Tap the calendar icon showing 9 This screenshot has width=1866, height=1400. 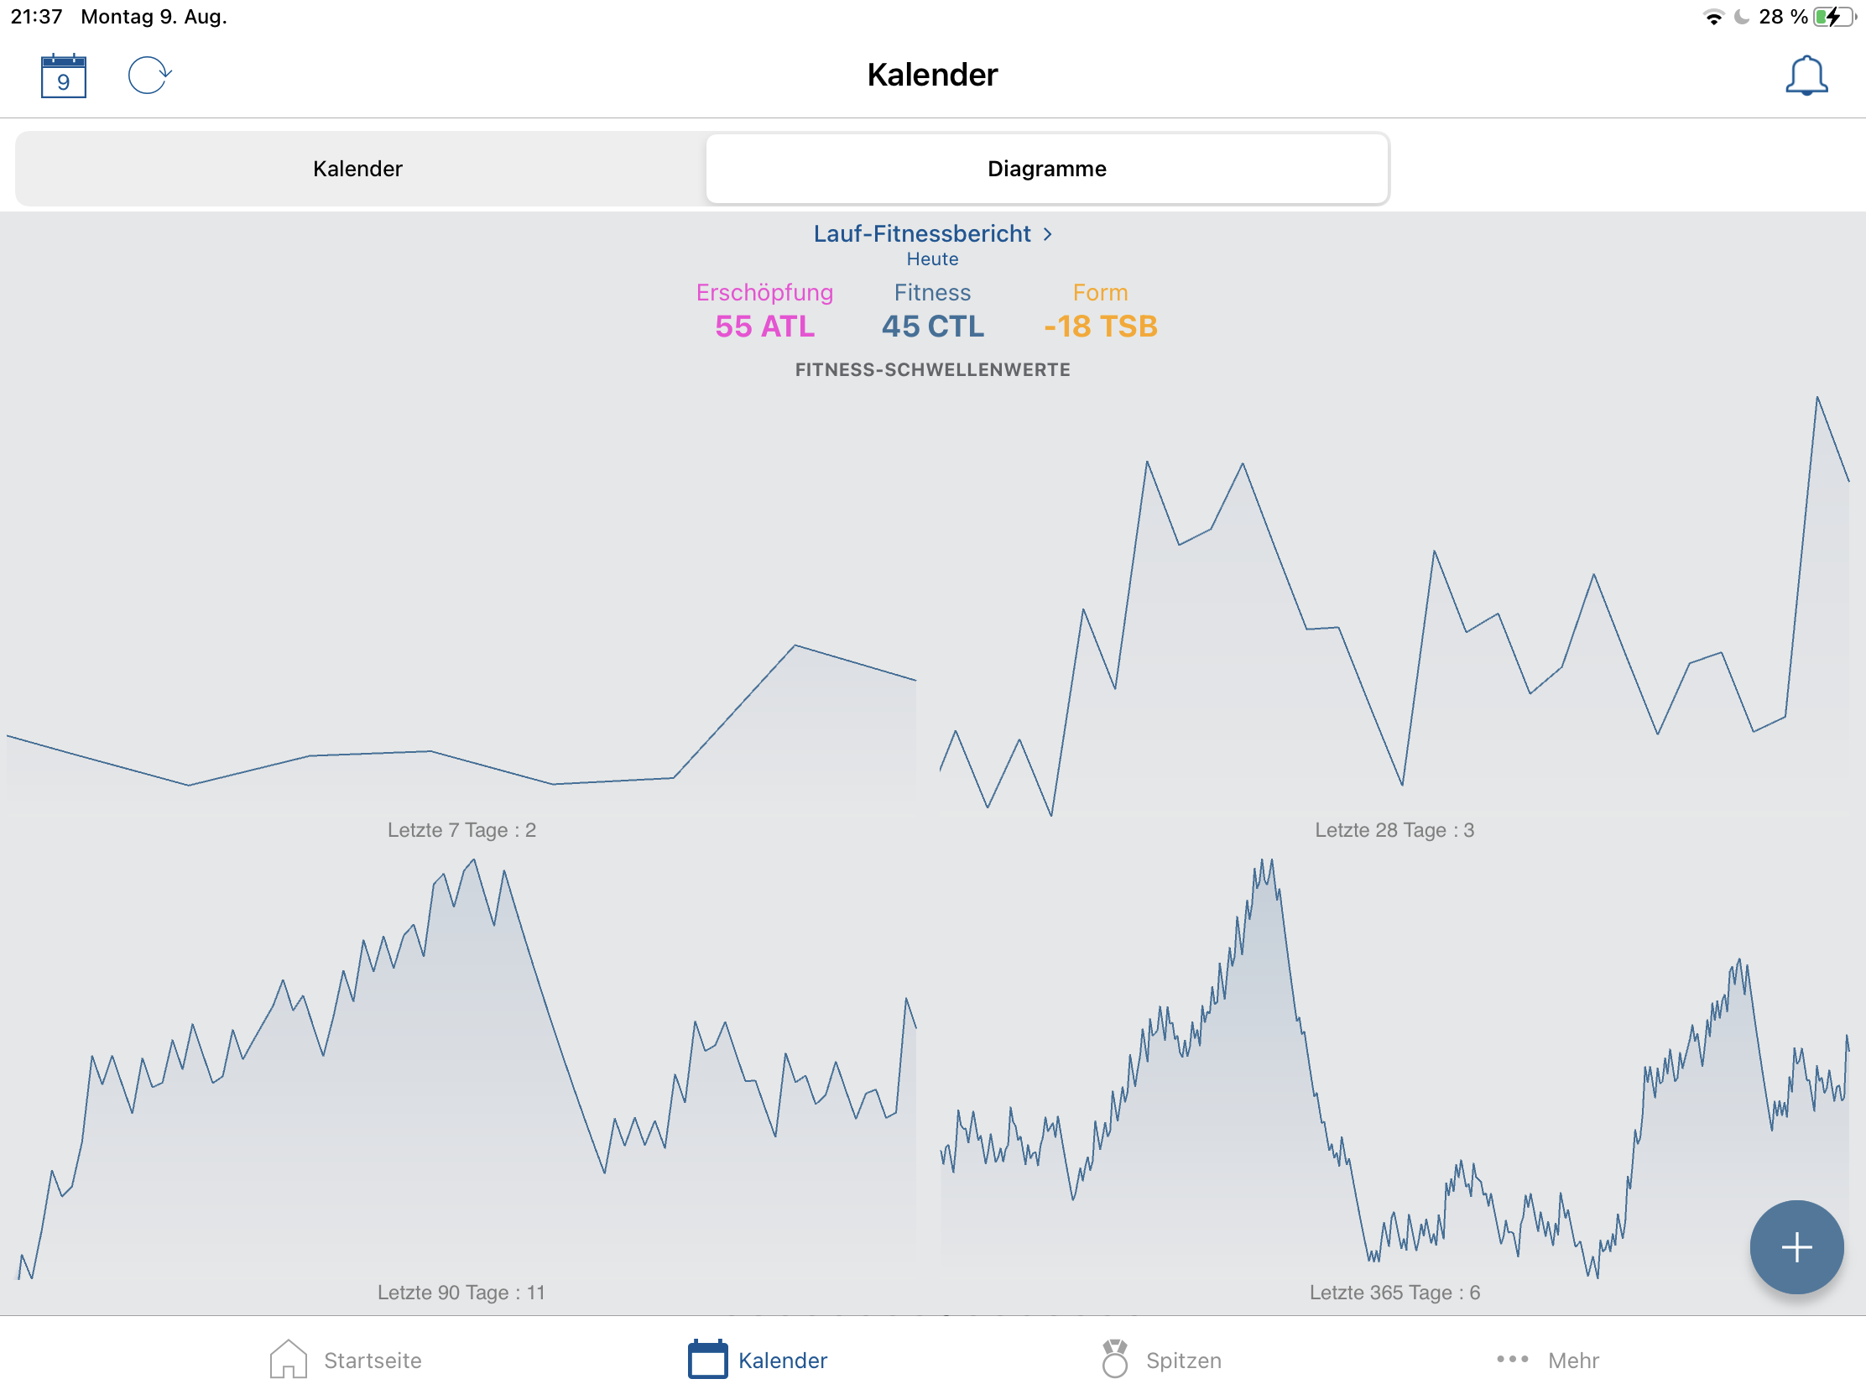point(63,76)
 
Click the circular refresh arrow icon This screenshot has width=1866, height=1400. point(149,75)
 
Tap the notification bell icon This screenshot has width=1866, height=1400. point(1806,76)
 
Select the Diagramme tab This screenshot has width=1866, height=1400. point(1046,169)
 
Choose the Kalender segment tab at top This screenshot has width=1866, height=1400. point(357,169)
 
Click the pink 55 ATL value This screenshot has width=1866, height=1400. point(764,326)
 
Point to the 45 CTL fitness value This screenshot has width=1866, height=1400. point(932,326)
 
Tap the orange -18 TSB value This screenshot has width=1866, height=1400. point(1100,326)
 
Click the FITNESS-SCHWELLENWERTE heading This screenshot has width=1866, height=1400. point(932,369)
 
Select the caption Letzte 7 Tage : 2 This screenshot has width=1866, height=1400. point(461,829)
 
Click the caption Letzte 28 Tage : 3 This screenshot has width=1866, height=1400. point(1394,829)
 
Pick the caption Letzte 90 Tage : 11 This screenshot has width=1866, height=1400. point(461,1292)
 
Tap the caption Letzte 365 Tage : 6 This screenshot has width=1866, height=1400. point(1394,1292)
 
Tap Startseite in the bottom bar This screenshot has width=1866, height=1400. point(346,1360)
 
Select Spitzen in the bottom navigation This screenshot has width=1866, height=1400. point(1161,1360)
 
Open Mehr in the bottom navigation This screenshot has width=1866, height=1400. point(1548,1360)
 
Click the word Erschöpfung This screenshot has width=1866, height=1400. point(764,292)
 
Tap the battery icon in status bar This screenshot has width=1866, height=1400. point(1832,17)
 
